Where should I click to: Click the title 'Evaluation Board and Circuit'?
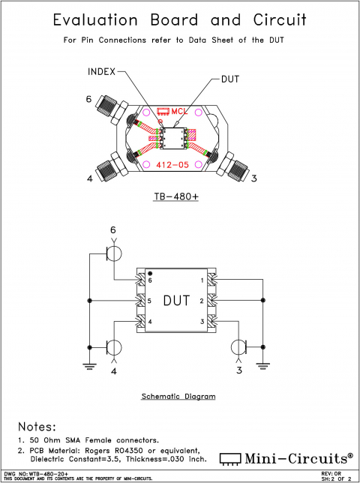click(x=180, y=20)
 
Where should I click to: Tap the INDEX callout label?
click(x=102, y=72)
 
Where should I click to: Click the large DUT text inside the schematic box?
click(x=176, y=301)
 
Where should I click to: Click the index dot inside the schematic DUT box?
click(x=150, y=273)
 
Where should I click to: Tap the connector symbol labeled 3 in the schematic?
click(x=238, y=347)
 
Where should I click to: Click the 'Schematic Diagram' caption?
click(x=178, y=396)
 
